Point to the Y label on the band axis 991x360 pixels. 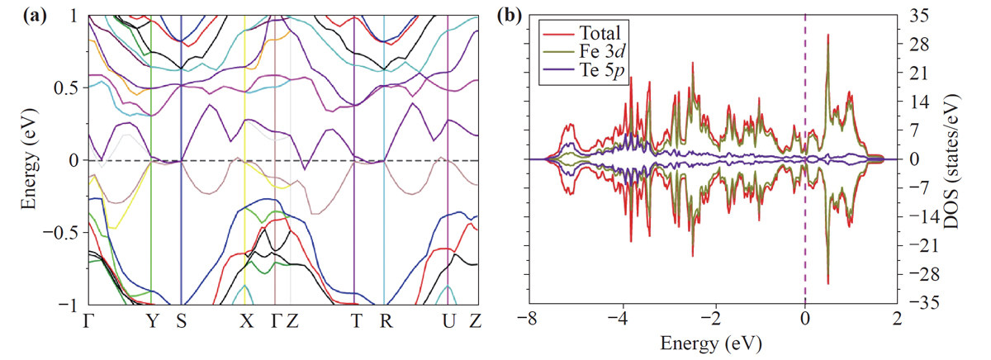click(151, 321)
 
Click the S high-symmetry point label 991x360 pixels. click(181, 321)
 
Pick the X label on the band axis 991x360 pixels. click(245, 321)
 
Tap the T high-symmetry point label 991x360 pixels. click(354, 321)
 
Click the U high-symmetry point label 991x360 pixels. click(448, 321)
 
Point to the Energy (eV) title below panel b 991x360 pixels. click(713, 341)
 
